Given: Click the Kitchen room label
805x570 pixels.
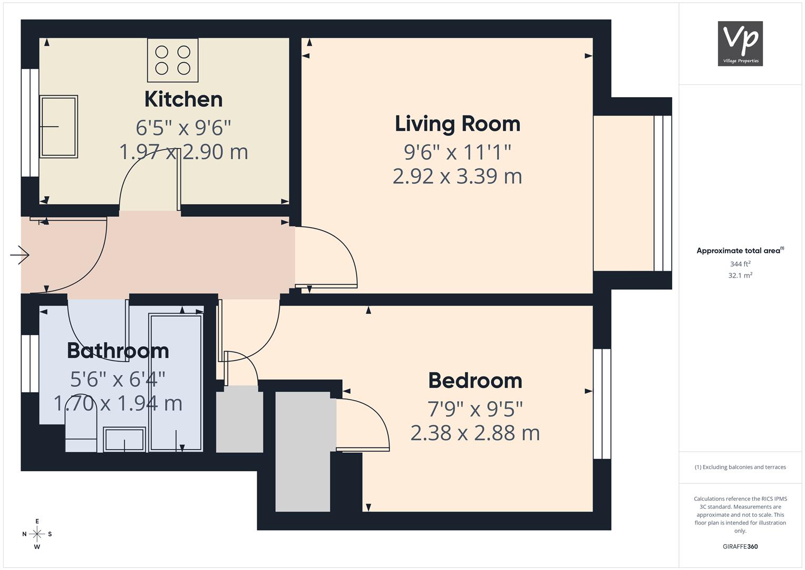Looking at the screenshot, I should click(x=183, y=99).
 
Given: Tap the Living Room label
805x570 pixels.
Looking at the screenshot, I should click(x=458, y=123).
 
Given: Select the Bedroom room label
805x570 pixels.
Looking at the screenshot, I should click(x=475, y=381).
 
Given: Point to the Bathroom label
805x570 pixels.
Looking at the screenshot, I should click(x=118, y=350).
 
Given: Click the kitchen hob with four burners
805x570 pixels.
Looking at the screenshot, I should click(x=172, y=60).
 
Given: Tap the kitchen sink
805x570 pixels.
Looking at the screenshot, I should click(x=58, y=127).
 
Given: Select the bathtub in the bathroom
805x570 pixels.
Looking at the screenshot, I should click(x=176, y=383).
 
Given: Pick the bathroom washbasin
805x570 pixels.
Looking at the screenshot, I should click(x=124, y=440).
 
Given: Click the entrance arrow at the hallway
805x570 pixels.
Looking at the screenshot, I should click(x=20, y=255).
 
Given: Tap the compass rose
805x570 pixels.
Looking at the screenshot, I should click(x=37, y=534).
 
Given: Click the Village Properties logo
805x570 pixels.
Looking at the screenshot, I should click(x=740, y=43).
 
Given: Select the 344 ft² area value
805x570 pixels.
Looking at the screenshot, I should click(x=740, y=264).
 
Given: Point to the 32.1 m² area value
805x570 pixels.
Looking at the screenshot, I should click(x=740, y=275).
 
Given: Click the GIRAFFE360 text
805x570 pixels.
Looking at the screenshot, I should click(x=740, y=546).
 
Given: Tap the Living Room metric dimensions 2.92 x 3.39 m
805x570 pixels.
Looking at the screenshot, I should click(x=458, y=176).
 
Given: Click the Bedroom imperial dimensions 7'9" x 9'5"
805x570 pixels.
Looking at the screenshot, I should click(x=475, y=408).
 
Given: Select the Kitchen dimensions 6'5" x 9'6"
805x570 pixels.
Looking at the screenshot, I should click(x=183, y=128).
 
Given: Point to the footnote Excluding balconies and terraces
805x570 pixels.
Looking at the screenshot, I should click(x=740, y=467).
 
